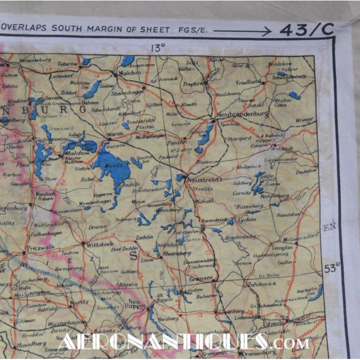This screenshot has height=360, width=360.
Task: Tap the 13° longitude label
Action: (157, 48)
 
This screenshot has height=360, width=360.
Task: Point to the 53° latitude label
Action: (332, 267)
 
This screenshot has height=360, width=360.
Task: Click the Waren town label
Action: (116, 134)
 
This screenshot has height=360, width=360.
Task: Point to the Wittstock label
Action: (99, 243)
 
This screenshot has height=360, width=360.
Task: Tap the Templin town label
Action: (283, 248)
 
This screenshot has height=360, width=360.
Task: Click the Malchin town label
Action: (133, 71)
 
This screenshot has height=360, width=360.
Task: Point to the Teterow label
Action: (68, 64)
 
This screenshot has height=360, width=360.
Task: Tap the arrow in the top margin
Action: (242, 31)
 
